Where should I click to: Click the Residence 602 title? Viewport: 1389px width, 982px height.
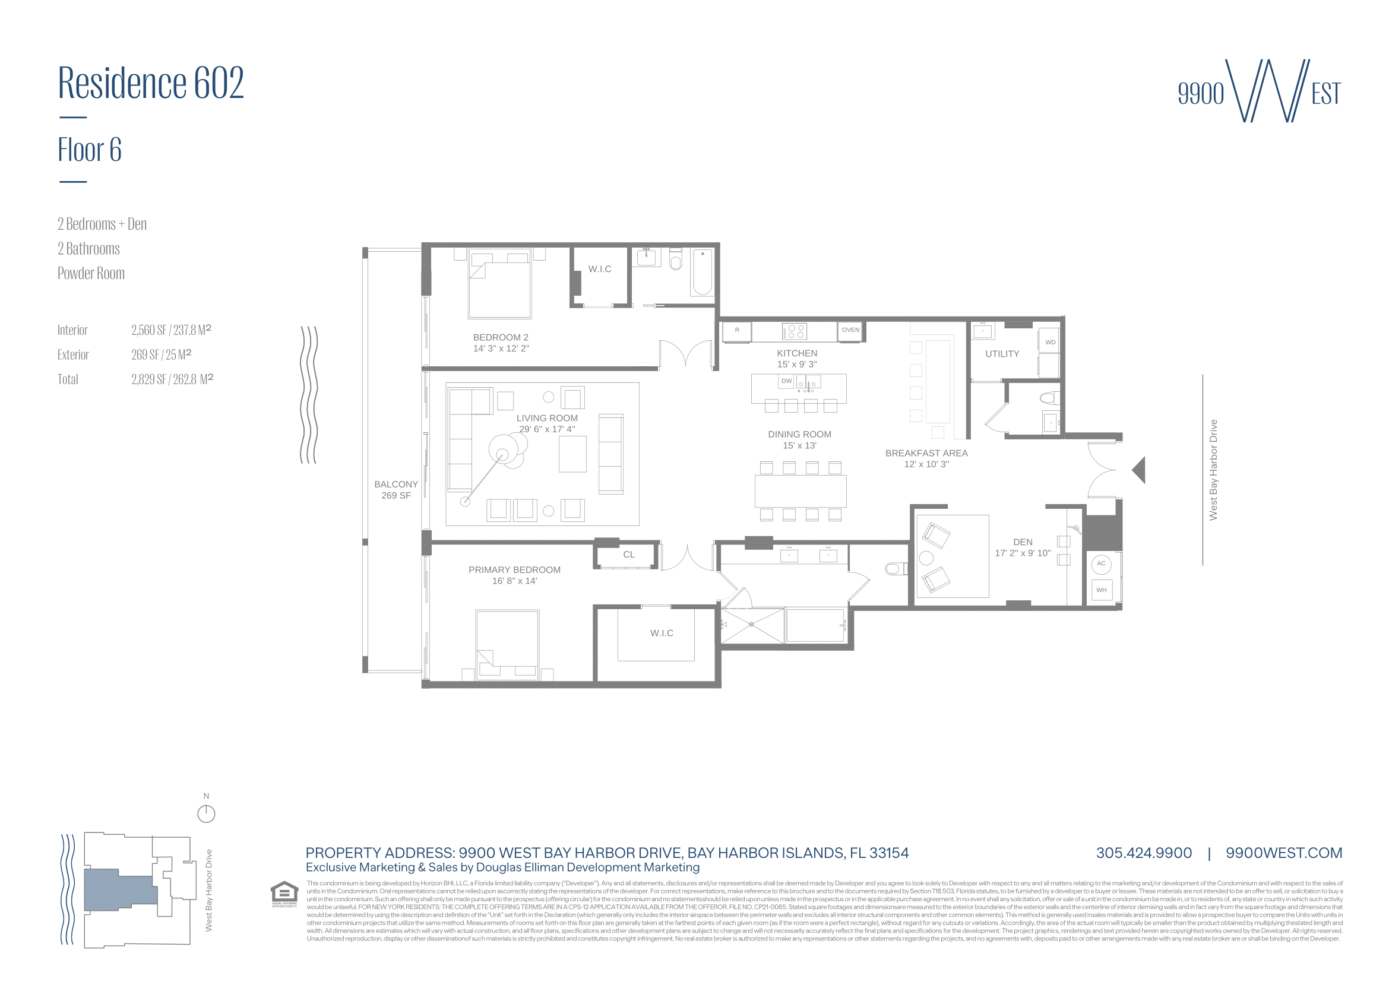point(151,83)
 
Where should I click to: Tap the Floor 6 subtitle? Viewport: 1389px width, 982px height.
point(90,150)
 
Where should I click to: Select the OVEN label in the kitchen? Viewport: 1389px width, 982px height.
point(850,330)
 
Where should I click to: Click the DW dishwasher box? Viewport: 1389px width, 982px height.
point(786,382)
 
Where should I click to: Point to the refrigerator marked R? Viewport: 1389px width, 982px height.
point(737,331)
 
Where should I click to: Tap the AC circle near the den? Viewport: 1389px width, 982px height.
point(1101,563)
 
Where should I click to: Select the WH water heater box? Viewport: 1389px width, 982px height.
point(1101,590)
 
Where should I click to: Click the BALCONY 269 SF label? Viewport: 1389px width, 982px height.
point(395,490)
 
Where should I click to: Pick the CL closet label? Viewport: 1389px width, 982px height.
point(628,555)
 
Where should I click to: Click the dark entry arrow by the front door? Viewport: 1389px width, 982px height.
point(1139,470)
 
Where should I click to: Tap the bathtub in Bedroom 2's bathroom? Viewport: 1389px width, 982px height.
point(703,272)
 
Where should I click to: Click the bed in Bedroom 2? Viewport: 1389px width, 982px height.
point(499,284)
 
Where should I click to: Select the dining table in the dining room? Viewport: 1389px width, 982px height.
point(800,491)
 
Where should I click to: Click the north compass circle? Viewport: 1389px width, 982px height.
point(206,814)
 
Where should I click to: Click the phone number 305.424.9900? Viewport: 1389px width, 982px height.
point(1143,853)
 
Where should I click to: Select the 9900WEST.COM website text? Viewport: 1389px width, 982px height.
point(1283,853)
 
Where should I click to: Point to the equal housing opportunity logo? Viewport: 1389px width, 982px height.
point(284,894)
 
